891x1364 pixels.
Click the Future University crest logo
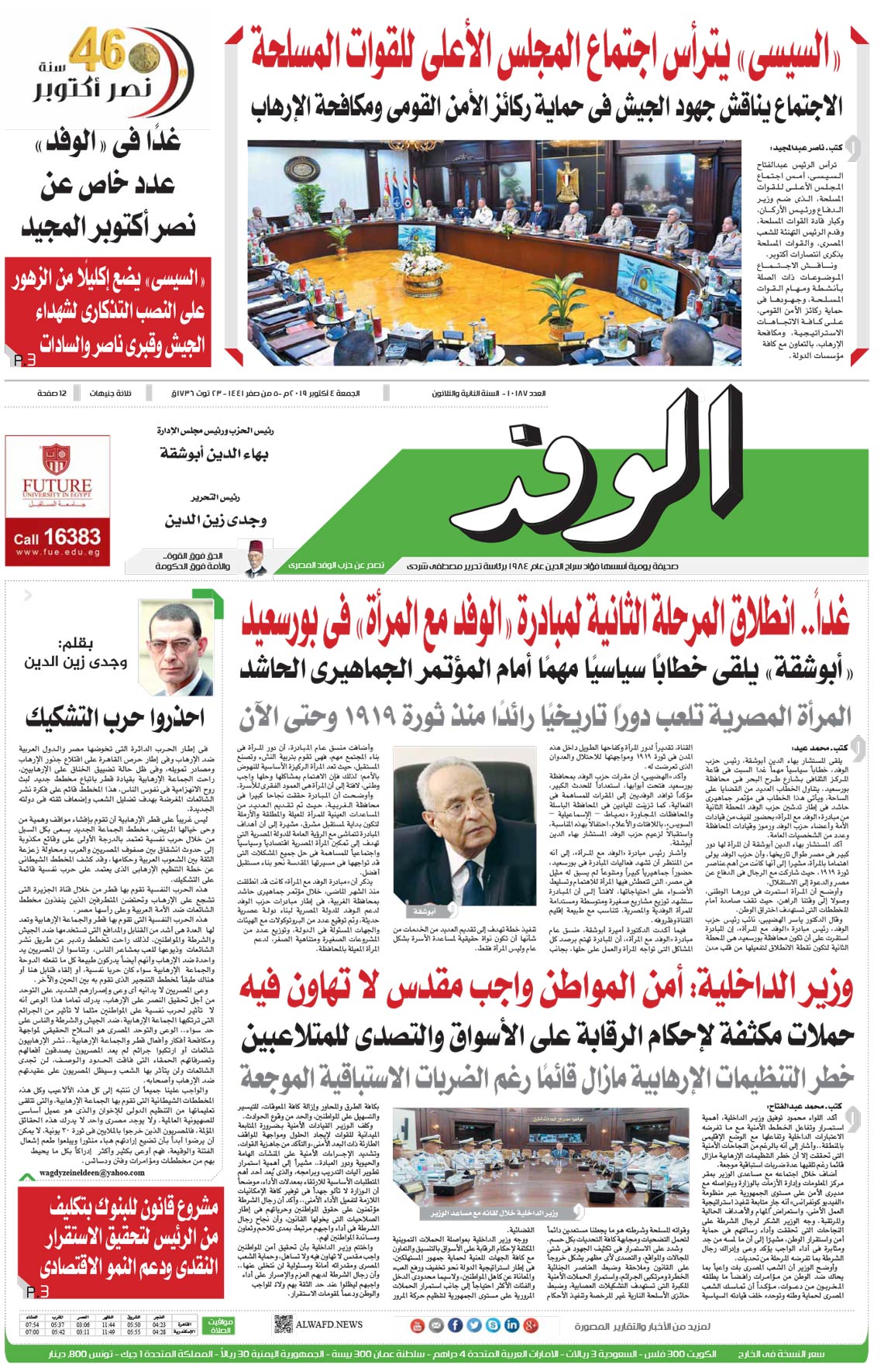[x=57, y=459]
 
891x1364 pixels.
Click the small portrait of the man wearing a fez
[x=255, y=558]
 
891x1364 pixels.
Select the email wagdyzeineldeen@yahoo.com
[x=92, y=1173]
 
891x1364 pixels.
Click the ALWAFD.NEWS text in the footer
[x=329, y=1324]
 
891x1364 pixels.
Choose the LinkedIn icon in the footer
[x=511, y=1325]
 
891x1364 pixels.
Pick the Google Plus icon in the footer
[x=531, y=1325]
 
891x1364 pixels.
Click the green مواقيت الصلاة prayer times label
[x=221, y=1325]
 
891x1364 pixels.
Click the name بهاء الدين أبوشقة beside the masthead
[x=214, y=453]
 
